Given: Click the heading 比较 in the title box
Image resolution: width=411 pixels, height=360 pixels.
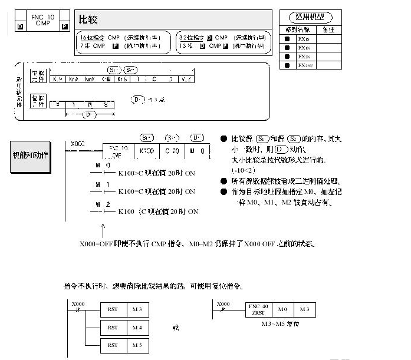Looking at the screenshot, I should pyautogui.click(x=88, y=19).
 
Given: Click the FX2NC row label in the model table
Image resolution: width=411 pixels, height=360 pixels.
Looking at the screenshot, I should pyautogui.click(x=305, y=65).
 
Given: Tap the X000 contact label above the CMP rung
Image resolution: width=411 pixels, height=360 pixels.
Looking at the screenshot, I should pyautogui.click(x=77, y=143).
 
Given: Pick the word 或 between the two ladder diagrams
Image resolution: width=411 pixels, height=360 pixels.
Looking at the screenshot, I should pyautogui.click(x=175, y=328).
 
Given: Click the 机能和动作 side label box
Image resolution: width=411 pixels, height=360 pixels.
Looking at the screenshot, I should pyautogui.click(x=31, y=156).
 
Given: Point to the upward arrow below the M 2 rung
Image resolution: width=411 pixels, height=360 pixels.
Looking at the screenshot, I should pyautogui.click(x=104, y=224).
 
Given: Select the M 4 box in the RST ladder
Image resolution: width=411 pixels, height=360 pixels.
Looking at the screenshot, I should pyautogui.click(x=137, y=327).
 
